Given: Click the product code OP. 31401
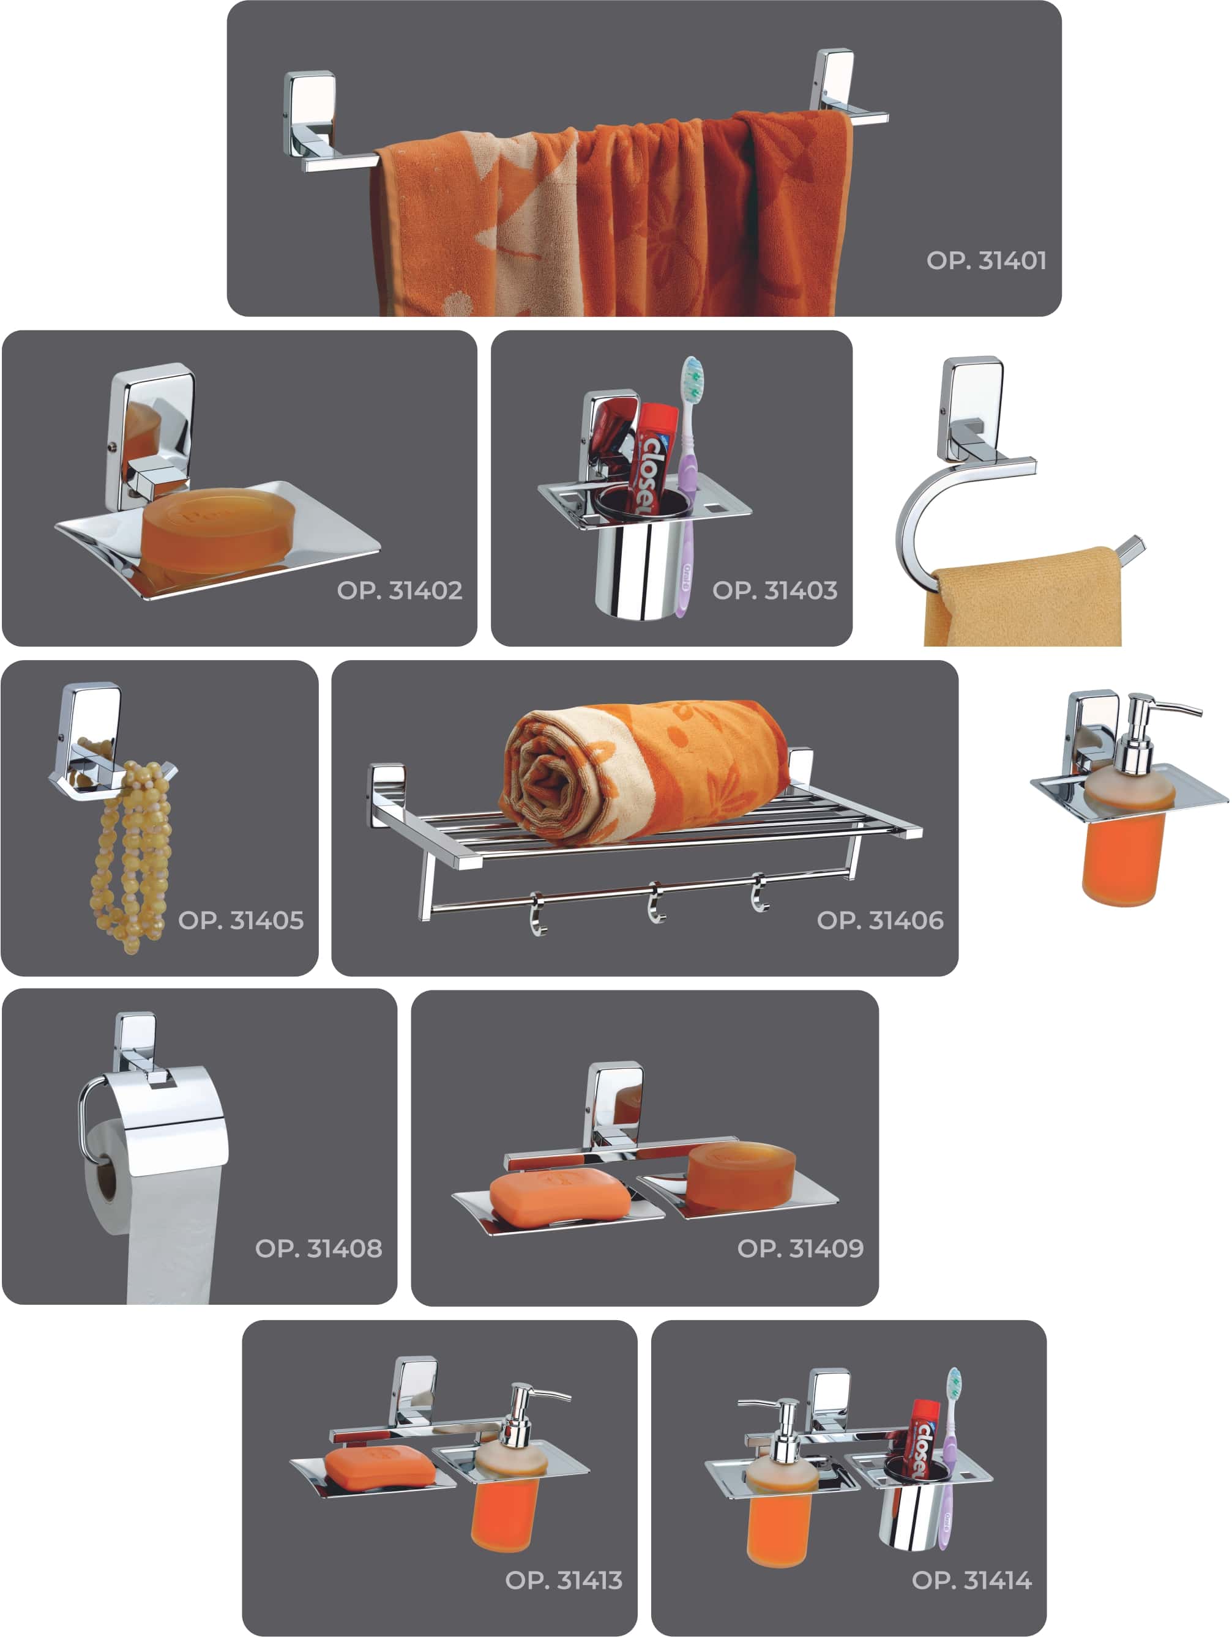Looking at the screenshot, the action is click(986, 261).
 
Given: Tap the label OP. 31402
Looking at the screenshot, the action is click(400, 590).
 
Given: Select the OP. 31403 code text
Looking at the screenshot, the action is click(775, 590).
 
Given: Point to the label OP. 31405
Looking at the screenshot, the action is click(241, 921).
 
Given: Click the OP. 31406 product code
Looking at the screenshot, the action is click(880, 921).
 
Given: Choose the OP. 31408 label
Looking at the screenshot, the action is click(319, 1249).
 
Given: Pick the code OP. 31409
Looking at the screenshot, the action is click(801, 1249).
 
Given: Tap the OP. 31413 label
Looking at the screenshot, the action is click(564, 1581).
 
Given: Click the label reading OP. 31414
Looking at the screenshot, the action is click(972, 1581).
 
